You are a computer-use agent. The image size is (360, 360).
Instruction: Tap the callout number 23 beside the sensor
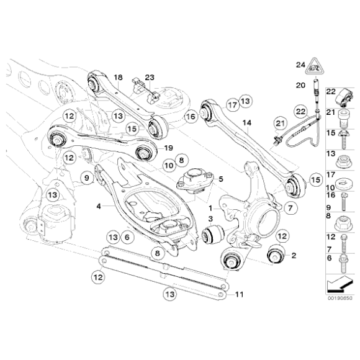pyautogui.click(x=149, y=77)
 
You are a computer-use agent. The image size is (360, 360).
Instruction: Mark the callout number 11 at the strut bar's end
pyautogui.click(x=240, y=295)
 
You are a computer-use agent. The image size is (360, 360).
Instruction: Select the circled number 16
pyautogui.click(x=191, y=115)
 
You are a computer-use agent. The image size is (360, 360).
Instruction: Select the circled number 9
pyautogui.click(x=87, y=179)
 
